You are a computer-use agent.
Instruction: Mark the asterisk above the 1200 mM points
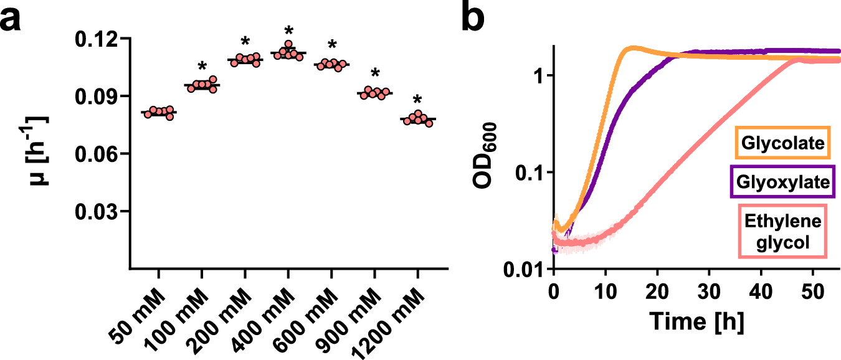(417, 100)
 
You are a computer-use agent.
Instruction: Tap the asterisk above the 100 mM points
(202, 66)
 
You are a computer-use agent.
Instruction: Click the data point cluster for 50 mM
(158, 112)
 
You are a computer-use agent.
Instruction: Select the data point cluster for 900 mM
(374, 93)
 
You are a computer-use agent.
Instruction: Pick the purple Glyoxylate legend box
(783, 182)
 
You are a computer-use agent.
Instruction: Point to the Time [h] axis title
(696, 322)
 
